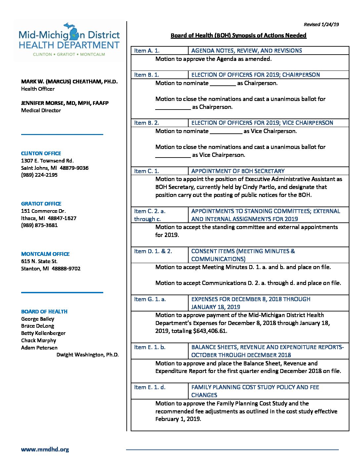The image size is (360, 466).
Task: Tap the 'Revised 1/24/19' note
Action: [321, 24]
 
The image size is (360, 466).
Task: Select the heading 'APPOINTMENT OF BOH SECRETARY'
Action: [238, 171]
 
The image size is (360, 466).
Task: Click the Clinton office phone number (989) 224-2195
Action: [39, 175]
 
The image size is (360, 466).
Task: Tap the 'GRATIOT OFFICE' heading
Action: [41, 204]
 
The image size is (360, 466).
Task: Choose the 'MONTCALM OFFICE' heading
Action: [45, 254]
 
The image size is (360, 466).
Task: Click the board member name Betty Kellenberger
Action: [43, 333]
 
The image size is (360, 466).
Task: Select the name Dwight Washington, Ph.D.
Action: [87, 355]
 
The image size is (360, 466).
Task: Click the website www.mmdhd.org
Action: [45, 449]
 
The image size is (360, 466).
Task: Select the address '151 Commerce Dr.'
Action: [43, 211]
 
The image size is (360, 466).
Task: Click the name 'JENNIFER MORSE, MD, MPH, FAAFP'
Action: [65, 103]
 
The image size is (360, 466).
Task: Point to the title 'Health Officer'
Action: [38, 89]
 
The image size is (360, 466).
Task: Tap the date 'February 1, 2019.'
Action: [178, 419]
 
